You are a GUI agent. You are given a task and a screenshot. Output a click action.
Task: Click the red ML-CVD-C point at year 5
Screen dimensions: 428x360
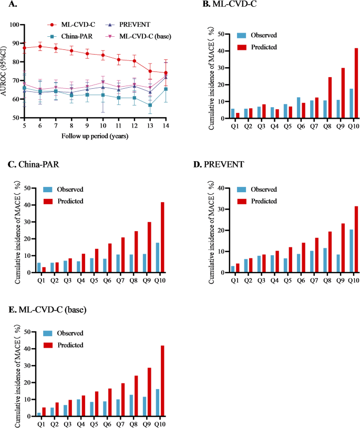tap(25, 48)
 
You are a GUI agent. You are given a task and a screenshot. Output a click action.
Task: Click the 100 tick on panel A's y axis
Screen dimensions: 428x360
tap(16, 25)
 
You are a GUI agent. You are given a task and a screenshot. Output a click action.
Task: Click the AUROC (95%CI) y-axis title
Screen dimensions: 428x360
tap(6, 71)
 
